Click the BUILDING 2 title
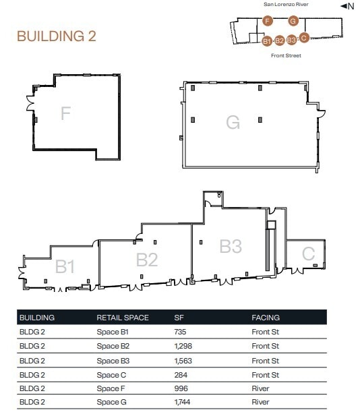[56, 36]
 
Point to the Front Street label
[286, 56]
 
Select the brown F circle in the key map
[268, 22]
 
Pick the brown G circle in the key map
[293, 22]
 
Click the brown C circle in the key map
[304, 38]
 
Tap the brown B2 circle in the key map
[280, 40]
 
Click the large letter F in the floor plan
[65, 113]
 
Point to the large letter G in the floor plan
[233, 122]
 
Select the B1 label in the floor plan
[65, 267]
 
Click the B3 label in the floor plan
[231, 247]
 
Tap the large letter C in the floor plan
[308, 254]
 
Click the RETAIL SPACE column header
[123, 318]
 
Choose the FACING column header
[266, 318]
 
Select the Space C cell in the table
[112, 374]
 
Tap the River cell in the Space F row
[260, 388]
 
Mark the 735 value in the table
[180, 332]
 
